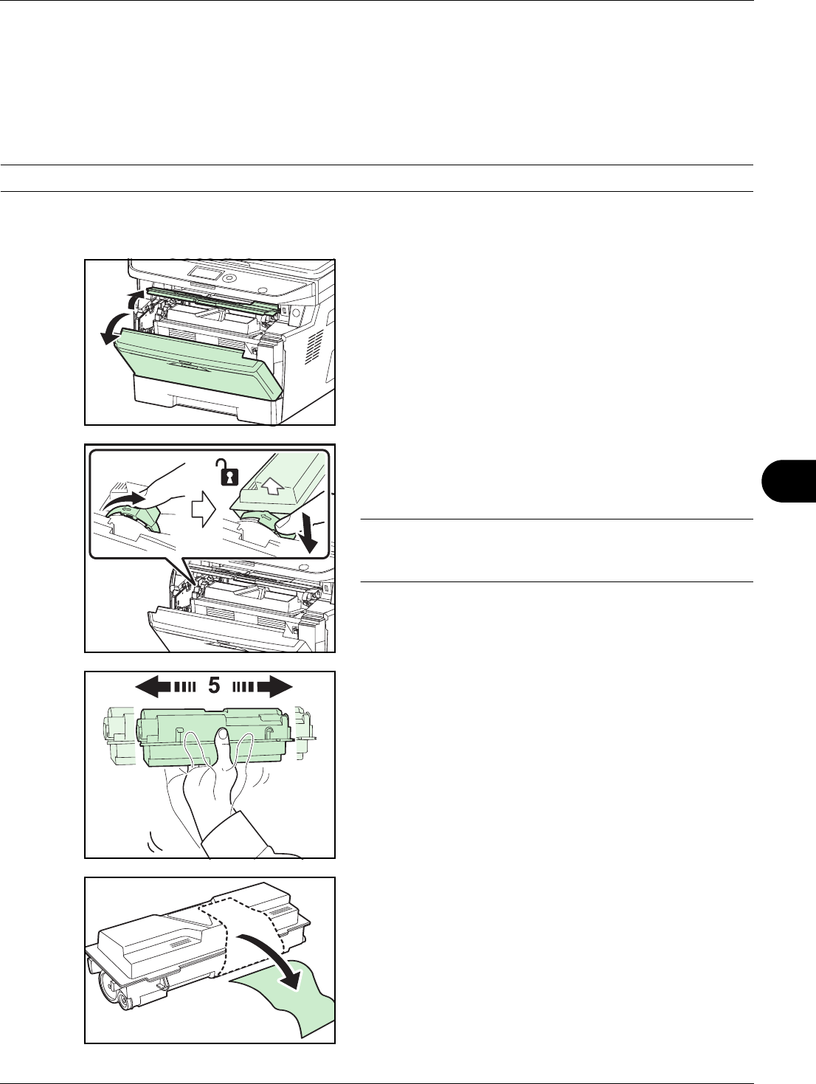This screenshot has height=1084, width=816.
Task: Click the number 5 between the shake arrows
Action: coord(214,686)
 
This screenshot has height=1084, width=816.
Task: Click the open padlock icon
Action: coord(227,472)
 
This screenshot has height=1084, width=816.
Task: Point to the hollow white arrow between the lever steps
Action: coord(204,511)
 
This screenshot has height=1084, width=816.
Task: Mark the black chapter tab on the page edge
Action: coord(789,480)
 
